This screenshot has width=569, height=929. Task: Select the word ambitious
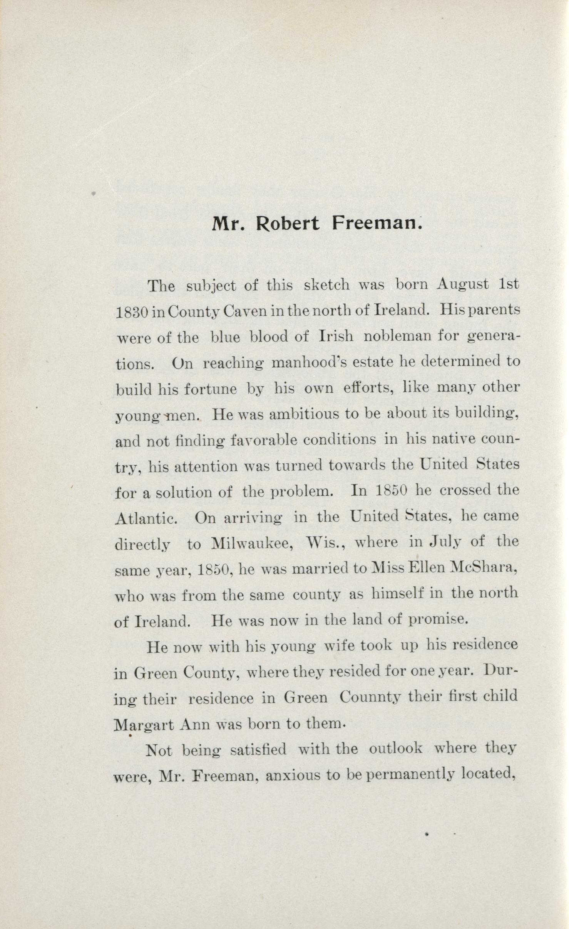tap(300, 414)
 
